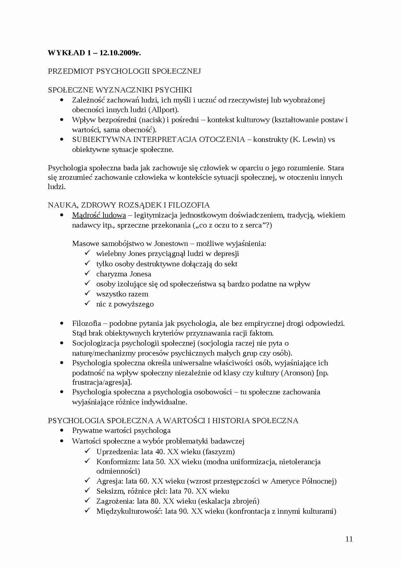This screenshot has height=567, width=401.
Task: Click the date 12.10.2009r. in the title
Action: click(120, 53)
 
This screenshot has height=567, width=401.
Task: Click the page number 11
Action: click(349, 539)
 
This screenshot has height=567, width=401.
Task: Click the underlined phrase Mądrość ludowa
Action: click(99, 215)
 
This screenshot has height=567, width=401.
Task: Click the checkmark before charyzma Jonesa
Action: click(87, 273)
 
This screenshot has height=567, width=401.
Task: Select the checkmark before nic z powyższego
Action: click(87, 304)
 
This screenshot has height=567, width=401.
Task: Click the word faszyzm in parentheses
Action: click(220, 452)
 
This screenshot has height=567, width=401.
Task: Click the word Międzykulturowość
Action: click(129, 511)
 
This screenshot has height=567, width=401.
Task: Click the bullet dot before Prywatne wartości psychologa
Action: click(62, 431)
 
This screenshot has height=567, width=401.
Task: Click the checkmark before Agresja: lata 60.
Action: click(87, 481)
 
